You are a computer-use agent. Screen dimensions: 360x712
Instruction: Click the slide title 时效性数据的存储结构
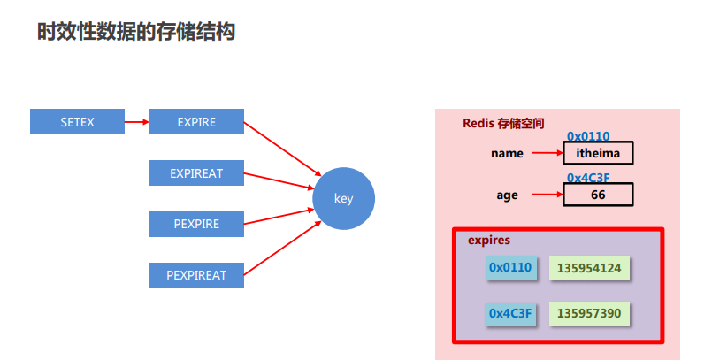(135, 33)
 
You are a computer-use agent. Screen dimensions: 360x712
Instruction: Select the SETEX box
(77, 122)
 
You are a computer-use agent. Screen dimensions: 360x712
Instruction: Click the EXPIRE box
(196, 122)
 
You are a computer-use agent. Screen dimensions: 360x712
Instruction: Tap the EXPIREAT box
(196, 173)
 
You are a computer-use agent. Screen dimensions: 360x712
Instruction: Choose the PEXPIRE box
(196, 224)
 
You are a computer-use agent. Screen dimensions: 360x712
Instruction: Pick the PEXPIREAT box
(196, 275)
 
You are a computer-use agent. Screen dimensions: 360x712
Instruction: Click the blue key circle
(343, 198)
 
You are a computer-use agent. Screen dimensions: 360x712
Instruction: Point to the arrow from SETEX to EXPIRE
(137, 122)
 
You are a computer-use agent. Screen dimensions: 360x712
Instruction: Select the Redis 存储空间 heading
(503, 123)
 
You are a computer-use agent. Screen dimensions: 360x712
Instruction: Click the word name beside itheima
(507, 153)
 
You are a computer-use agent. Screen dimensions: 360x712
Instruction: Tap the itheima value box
(598, 153)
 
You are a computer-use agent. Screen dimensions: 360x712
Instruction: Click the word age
(507, 195)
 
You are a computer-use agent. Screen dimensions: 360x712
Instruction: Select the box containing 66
(598, 195)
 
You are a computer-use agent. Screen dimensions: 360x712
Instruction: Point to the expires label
(489, 240)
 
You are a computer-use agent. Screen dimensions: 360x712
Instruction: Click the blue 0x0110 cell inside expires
(511, 267)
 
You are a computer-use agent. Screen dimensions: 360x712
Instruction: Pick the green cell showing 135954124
(589, 267)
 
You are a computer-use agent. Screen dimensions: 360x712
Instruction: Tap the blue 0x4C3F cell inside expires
(511, 313)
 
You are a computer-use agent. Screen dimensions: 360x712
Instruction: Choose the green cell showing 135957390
(589, 313)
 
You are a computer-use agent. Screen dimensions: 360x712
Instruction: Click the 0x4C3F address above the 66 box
(588, 178)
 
